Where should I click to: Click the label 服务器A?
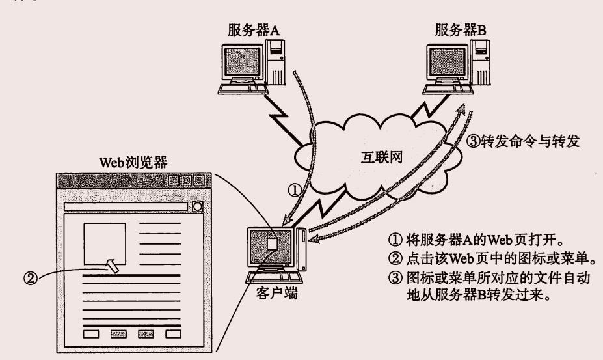pyautogui.click(x=258, y=29)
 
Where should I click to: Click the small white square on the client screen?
pyautogui.click(x=273, y=243)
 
